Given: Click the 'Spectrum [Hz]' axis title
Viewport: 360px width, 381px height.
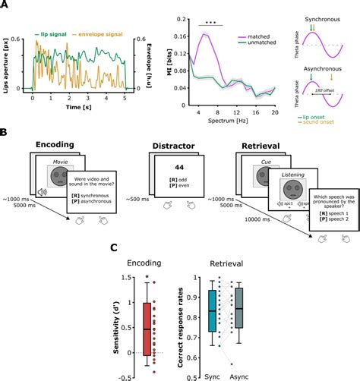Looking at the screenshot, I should (222, 121).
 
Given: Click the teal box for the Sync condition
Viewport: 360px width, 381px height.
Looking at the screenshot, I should (211, 310).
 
